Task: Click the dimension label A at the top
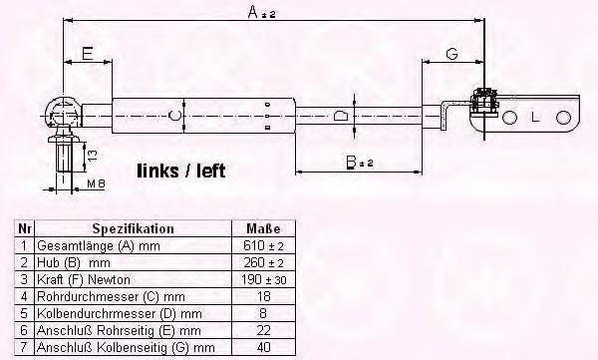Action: click(261, 12)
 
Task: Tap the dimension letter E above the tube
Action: click(88, 54)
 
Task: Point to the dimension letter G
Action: click(451, 54)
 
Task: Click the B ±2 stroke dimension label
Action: click(359, 163)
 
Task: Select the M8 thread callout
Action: click(96, 183)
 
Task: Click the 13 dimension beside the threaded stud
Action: click(93, 155)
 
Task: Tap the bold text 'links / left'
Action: click(181, 171)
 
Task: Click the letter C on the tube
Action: click(174, 115)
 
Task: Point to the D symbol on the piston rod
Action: click(341, 115)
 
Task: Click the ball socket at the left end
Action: click(63, 114)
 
